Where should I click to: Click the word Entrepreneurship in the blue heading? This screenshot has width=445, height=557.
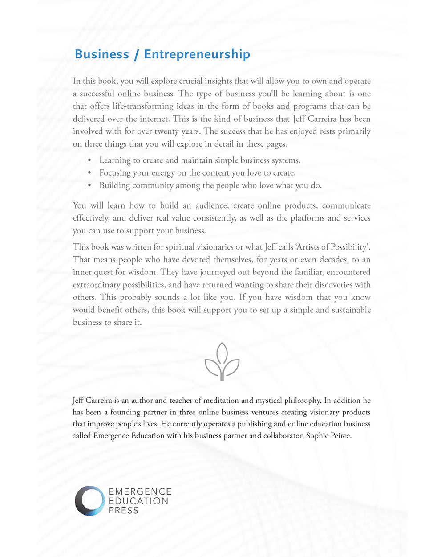point(197,54)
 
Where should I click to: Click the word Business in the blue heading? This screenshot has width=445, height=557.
point(102,54)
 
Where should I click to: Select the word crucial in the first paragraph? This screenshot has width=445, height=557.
point(193,81)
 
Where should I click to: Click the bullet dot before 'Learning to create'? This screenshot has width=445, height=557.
point(89,160)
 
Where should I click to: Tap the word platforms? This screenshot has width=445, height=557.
point(307,218)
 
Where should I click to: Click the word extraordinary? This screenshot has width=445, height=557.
point(97,285)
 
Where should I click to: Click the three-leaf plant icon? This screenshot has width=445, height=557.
point(222,362)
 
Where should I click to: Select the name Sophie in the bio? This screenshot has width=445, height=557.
point(317,435)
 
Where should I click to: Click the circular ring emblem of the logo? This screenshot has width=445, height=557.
point(89,501)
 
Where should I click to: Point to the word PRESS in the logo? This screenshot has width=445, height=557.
point(123,510)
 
